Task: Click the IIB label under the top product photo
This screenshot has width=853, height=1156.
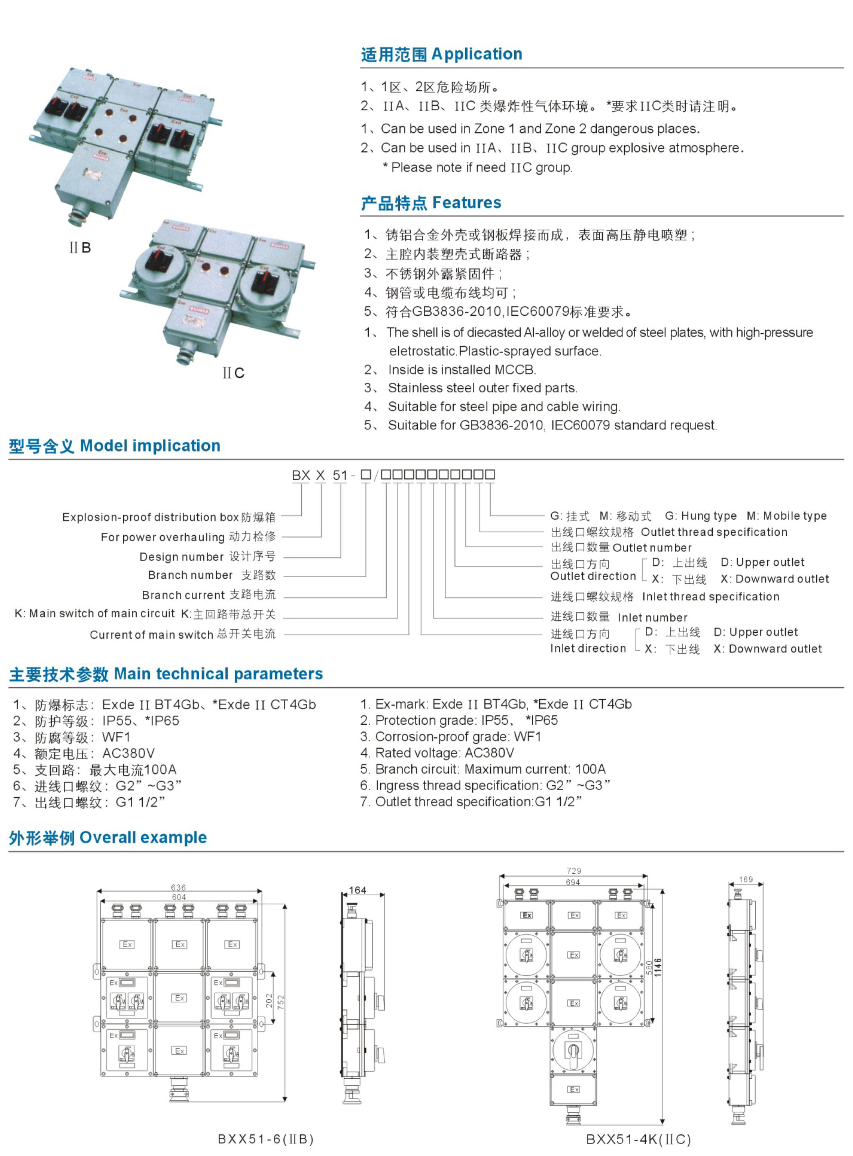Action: point(80,248)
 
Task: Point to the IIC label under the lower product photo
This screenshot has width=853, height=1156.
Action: point(234,373)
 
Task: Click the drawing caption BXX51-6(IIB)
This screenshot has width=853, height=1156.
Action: point(265,1139)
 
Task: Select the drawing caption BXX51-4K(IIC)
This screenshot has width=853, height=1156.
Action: point(638,1139)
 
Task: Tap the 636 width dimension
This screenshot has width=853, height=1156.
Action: point(179,887)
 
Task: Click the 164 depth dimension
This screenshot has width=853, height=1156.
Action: point(357,890)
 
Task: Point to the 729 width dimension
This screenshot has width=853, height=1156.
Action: point(574,871)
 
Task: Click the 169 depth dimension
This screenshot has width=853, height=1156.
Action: point(746,879)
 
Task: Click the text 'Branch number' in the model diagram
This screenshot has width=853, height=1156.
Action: point(190,575)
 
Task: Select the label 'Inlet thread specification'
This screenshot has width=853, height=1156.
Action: point(710,597)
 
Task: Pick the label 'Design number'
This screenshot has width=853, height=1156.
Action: point(181,556)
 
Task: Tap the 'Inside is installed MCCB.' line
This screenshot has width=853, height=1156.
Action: point(462,370)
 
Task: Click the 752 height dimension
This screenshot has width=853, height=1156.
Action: point(281,1002)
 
